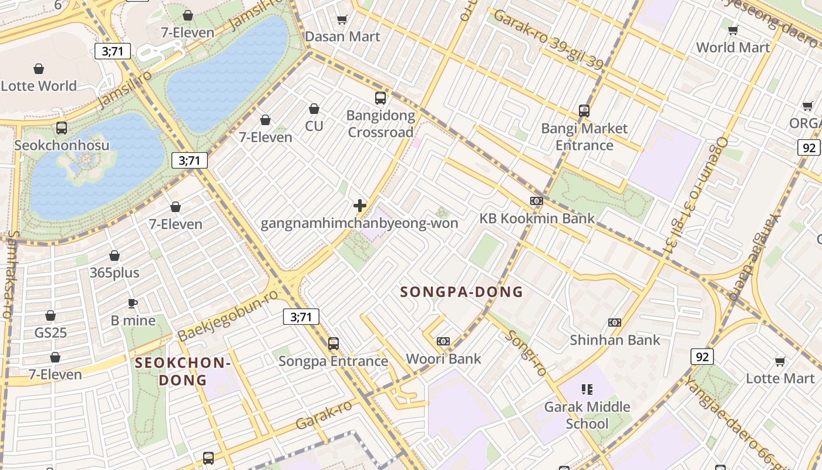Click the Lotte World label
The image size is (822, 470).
[39, 86]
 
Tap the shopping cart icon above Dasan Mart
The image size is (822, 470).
[342, 20]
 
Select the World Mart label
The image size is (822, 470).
[733, 47]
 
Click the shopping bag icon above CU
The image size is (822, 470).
[314, 109]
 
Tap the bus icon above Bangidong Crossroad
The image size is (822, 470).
[380, 98]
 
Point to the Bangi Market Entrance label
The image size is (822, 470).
[584, 137]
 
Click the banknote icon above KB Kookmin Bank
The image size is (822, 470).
[537, 201]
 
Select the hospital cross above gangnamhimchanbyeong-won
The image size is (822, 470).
[360, 206]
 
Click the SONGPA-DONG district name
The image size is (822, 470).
[461, 292]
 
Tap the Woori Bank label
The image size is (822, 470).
[443, 358]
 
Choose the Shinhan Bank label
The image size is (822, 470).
[615, 340]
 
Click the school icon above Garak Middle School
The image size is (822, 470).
[587, 389]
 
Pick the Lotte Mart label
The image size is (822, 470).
[780, 378]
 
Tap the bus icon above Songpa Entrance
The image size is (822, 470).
[333, 343]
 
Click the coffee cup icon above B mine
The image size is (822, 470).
[133, 303]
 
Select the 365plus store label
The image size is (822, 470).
[114, 273]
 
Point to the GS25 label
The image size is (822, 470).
[50, 333]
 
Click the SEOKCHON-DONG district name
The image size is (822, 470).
[182, 371]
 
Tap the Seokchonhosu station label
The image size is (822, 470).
[62, 145]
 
